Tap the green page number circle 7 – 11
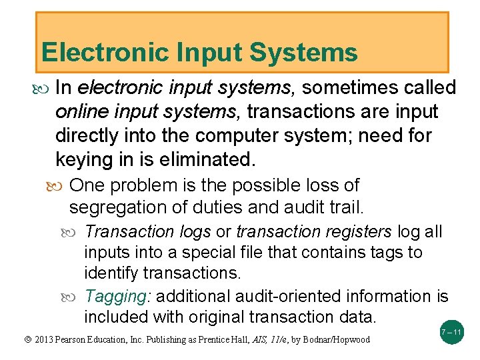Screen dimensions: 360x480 (451, 332)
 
